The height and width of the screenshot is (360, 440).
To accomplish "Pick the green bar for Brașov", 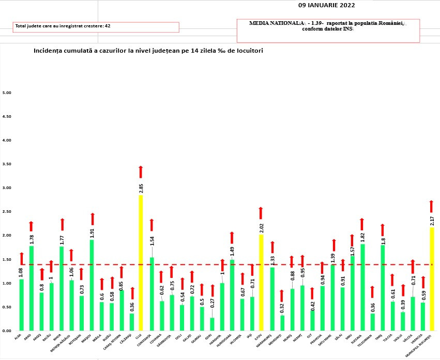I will (92, 285).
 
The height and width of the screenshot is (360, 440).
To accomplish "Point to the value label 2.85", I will (141, 187).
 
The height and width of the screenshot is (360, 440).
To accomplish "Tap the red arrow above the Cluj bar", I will (140, 172).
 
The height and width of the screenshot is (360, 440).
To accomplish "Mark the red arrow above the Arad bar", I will (31, 226).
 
